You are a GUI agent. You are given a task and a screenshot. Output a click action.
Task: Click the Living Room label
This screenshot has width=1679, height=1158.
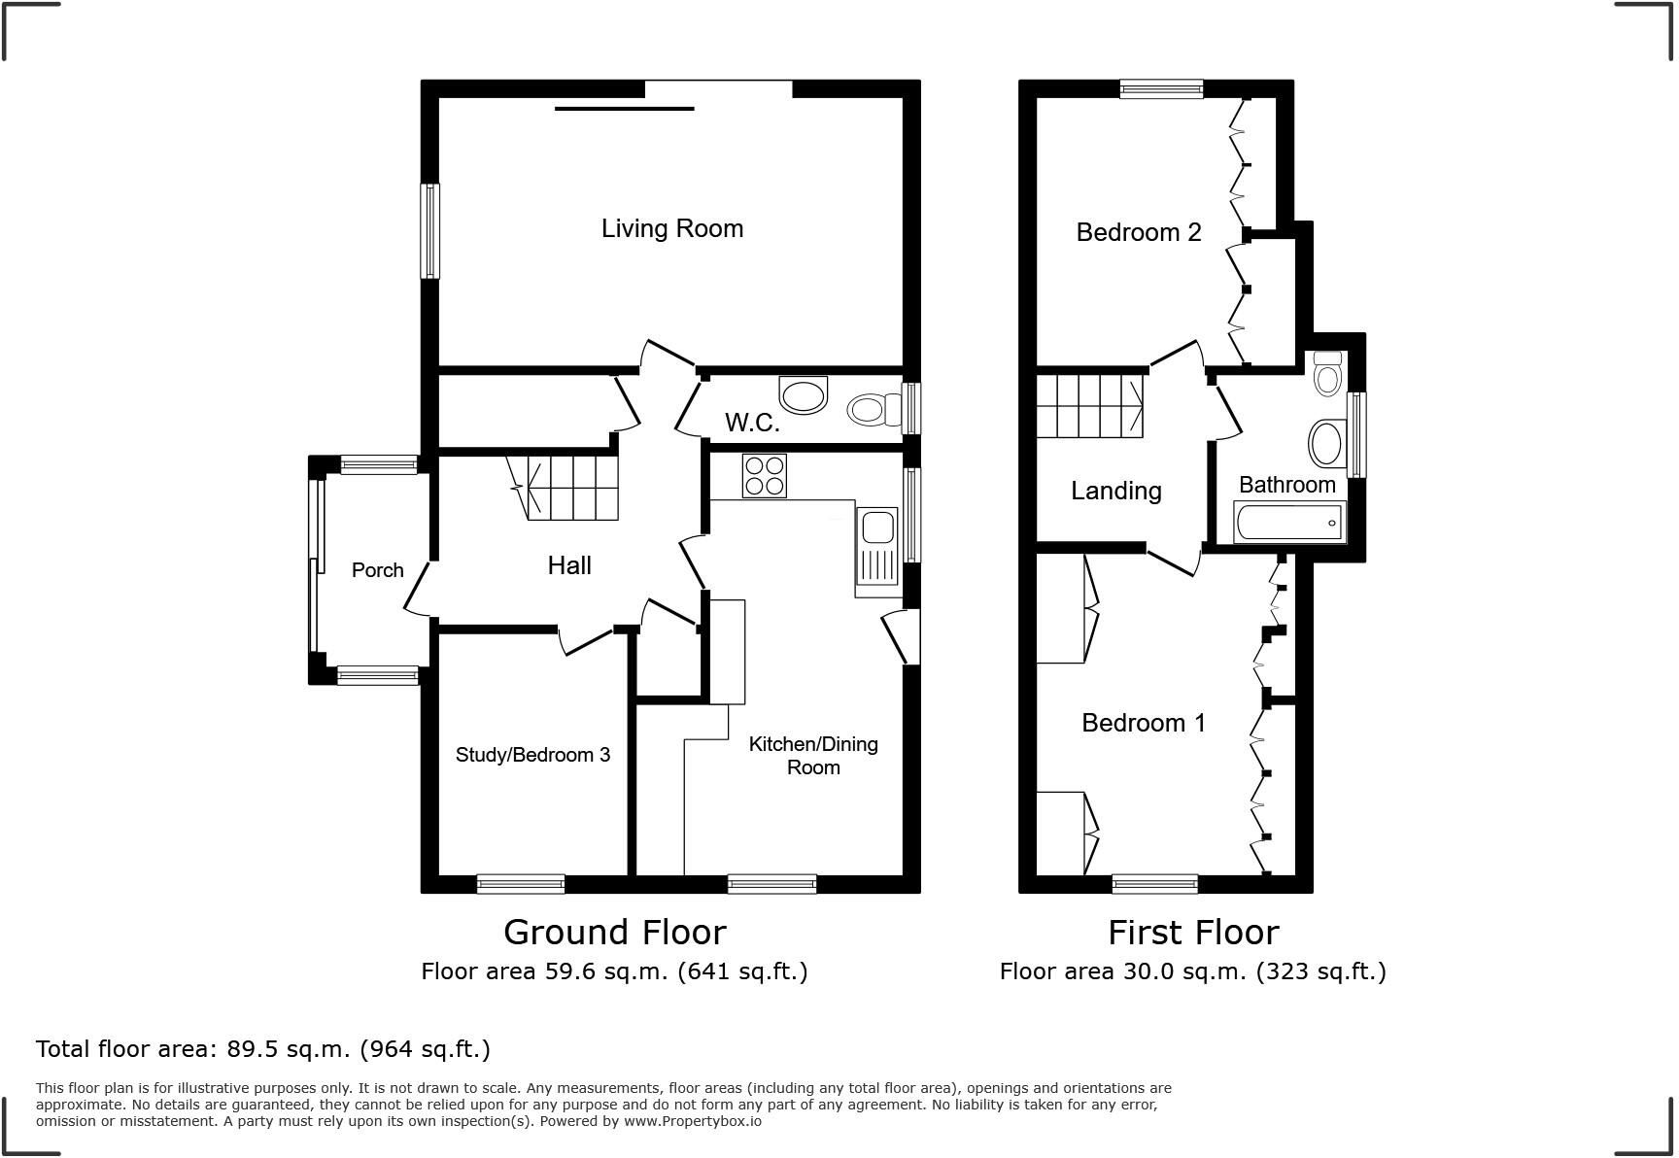(x=671, y=228)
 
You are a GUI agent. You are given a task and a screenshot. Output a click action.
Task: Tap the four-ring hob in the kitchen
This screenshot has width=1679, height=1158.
(x=764, y=476)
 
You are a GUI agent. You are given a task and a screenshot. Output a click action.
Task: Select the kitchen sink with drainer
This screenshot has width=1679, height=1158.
(x=878, y=550)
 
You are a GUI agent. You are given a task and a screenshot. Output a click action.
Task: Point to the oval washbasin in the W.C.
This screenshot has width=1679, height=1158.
(x=803, y=395)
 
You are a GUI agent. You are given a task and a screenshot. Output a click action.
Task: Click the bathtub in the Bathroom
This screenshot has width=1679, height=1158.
(x=1289, y=523)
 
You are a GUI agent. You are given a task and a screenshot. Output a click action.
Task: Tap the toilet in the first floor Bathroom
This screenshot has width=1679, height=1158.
(x=1327, y=374)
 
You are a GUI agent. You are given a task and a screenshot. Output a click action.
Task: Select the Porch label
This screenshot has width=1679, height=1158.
(x=377, y=570)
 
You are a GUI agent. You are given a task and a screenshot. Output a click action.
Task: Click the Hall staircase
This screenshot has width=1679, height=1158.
(x=571, y=488)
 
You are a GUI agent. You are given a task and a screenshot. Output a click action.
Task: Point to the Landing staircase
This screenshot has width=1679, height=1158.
(x=1089, y=406)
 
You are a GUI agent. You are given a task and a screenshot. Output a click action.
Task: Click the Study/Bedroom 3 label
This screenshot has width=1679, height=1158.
(x=532, y=755)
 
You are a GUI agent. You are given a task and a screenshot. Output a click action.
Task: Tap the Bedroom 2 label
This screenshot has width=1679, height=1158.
(x=1138, y=232)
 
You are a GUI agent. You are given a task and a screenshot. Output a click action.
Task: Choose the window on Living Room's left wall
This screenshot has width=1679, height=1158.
(x=429, y=231)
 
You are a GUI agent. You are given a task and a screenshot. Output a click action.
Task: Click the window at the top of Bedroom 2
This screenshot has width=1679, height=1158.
(x=1161, y=90)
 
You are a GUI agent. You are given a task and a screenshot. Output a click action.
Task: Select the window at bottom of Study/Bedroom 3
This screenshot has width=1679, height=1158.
(x=521, y=884)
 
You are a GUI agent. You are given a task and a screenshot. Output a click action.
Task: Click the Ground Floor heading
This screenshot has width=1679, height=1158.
(x=614, y=933)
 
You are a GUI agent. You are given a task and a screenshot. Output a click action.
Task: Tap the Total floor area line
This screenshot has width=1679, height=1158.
(x=262, y=1049)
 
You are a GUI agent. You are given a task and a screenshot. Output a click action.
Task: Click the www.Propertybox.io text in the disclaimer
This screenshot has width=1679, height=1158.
(x=692, y=1121)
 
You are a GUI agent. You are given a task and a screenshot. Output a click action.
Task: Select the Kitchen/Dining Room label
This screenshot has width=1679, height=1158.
(x=813, y=756)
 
